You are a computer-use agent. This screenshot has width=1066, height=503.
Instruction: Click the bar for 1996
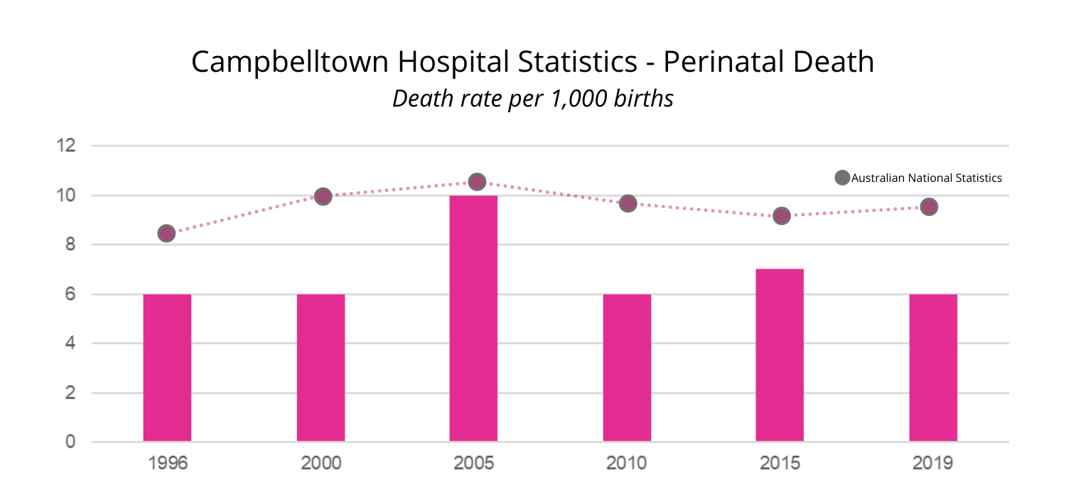coord(167,367)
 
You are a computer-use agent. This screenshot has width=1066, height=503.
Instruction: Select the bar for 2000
coord(321,367)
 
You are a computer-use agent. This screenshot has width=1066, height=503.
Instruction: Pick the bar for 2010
coord(627,367)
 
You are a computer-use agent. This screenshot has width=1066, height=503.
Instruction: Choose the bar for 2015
coord(780,355)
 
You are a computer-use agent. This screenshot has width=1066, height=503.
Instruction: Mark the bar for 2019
coord(933,367)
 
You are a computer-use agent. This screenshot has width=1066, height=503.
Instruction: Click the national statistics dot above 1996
coord(166,234)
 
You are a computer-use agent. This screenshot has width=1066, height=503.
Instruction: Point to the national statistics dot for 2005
coord(477,182)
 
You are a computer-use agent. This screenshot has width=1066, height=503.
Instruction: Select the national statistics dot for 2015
coord(782,215)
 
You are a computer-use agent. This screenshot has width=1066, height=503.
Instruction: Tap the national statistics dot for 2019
coord(929,207)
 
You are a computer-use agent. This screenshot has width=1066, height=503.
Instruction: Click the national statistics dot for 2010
coord(628,204)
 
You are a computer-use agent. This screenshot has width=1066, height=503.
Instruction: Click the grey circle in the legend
coord(842,178)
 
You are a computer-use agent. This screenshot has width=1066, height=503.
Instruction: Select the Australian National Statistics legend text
coord(927,178)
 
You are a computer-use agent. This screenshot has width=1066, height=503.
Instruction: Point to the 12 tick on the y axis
coord(66,146)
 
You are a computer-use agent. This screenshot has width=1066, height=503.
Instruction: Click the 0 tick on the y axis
coord(71,442)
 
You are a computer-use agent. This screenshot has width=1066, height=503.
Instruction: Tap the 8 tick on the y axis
coord(71,245)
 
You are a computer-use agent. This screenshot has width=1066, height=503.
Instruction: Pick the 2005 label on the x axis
coord(473,464)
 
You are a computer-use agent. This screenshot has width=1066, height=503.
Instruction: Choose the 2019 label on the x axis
coord(933,464)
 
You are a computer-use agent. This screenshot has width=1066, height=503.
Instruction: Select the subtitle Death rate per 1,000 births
coord(532,99)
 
